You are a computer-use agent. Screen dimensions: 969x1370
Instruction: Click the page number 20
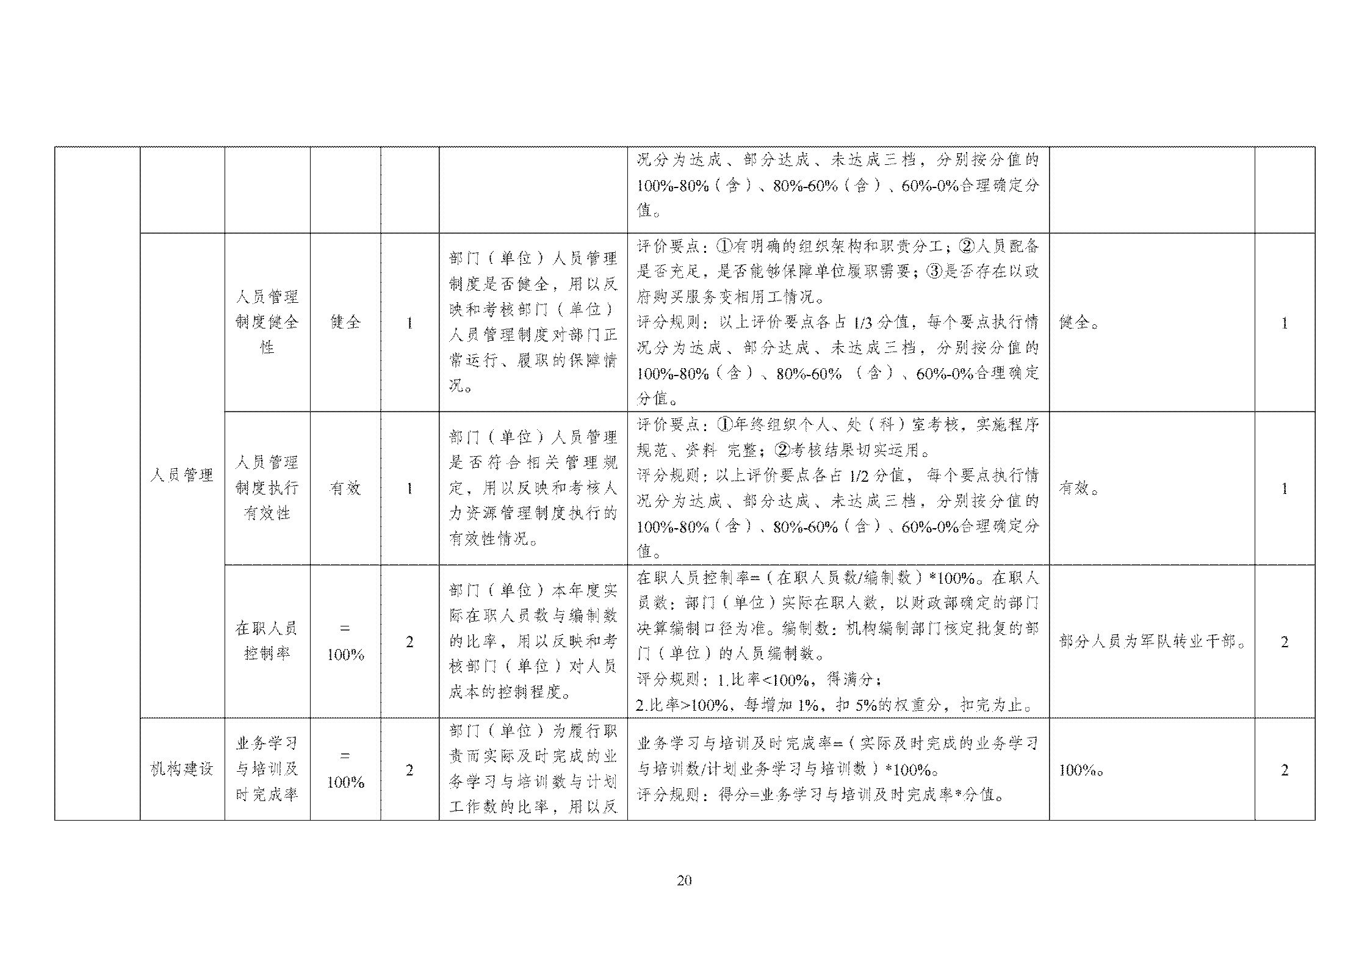click(684, 880)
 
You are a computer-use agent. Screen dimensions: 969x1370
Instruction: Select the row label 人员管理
click(182, 475)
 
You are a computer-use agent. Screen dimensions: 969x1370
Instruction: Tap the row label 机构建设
click(182, 769)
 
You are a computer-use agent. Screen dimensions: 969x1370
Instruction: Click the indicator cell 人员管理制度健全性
click(267, 322)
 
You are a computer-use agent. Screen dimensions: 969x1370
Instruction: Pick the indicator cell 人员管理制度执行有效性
click(267, 487)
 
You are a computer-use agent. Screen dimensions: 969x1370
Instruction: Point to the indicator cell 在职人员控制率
click(267, 641)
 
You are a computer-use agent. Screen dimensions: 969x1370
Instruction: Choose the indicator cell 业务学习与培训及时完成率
click(267, 769)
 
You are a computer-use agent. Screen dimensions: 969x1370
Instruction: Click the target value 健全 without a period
click(345, 322)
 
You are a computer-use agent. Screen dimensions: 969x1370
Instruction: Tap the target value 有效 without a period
click(345, 488)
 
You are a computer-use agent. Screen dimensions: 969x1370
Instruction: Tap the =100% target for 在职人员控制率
click(345, 642)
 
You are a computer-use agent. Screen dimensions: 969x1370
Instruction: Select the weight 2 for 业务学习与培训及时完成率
click(409, 770)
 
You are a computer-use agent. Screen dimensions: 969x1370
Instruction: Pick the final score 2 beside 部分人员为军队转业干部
click(1284, 642)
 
